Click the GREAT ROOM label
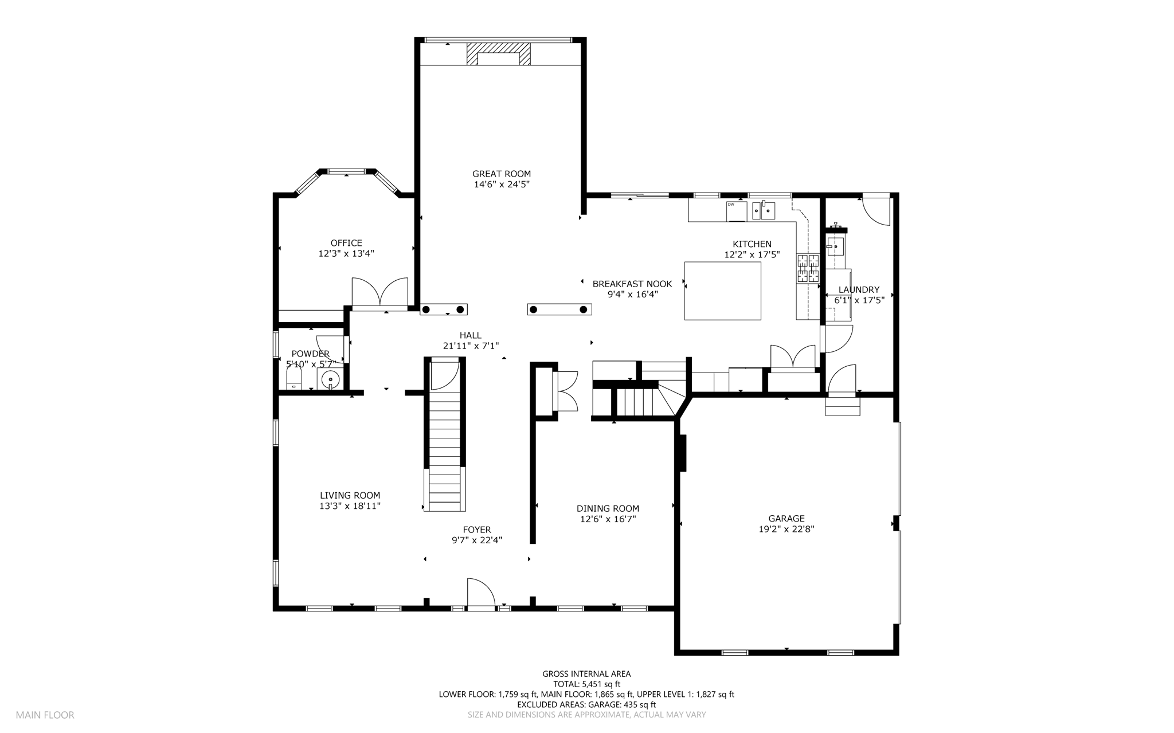[502, 174]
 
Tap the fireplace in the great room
[498, 54]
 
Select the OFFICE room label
[346, 243]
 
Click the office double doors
[379, 293]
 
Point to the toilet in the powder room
[293, 378]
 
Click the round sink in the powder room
[330, 379]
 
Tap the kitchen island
[723, 291]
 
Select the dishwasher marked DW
[737, 211]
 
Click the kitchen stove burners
[808, 269]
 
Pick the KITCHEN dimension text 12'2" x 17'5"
[752, 254]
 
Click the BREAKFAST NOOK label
[632, 284]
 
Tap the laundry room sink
[835, 247]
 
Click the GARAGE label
[786, 519]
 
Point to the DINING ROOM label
[608, 508]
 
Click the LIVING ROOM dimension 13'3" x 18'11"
[350, 506]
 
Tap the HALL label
[471, 335]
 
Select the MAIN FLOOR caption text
[45, 715]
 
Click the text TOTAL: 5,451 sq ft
[586, 684]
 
